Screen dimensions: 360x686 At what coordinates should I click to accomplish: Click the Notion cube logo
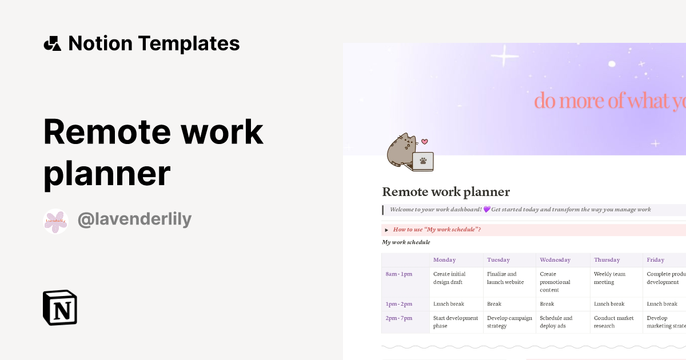pos(60,307)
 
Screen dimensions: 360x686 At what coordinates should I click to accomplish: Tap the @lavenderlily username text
pos(134,219)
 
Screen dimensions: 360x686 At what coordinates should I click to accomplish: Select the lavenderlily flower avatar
pos(55,221)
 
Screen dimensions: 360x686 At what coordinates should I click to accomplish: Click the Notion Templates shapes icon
pos(52,43)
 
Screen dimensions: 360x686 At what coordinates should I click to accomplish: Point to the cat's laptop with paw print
pos(422,161)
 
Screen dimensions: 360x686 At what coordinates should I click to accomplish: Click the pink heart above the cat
pos(424,141)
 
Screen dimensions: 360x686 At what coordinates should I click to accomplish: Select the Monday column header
pos(444,260)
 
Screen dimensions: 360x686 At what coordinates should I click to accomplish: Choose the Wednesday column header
pos(555,260)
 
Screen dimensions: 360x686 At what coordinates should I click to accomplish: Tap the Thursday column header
pos(607,260)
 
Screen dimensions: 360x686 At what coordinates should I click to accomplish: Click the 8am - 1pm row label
pos(398,274)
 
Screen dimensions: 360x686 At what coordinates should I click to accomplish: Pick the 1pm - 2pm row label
pos(398,304)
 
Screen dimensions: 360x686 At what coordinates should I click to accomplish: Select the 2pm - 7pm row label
pos(398,318)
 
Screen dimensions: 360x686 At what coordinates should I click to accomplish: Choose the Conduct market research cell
pos(613,322)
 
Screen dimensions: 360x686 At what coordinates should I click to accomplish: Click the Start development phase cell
pos(456,322)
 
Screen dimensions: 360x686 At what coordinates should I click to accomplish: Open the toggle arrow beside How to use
pos(386,230)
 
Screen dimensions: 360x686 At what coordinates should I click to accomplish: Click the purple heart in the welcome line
pos(486,210)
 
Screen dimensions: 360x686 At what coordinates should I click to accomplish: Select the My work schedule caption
pos(406,242)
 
